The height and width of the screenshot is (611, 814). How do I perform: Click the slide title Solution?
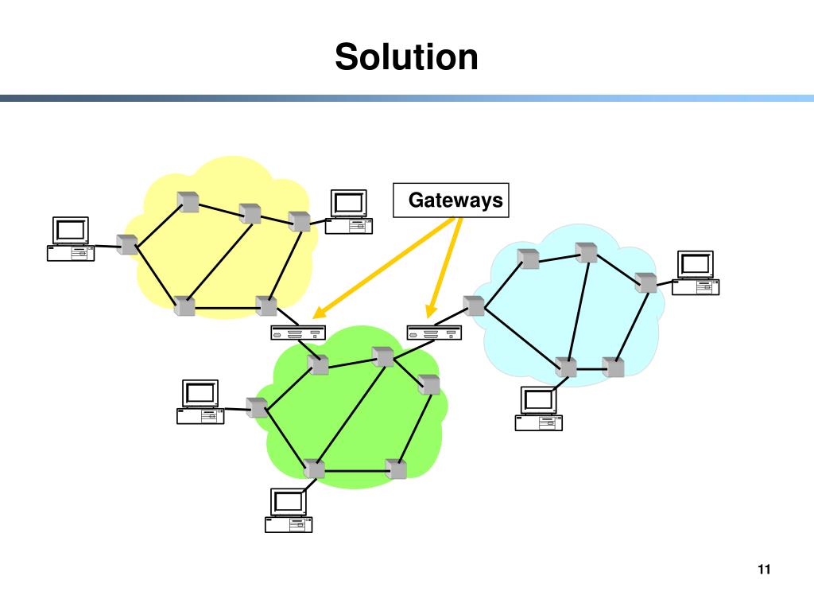(x=406, y=57)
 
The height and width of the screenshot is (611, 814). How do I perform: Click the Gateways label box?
(x=451, y=200)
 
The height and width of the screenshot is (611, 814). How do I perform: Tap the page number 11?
(x=765, y=569)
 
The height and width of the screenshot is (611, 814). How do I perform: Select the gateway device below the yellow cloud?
(x=298, y=333)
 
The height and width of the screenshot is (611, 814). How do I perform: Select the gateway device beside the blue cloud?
(x=434, y=333)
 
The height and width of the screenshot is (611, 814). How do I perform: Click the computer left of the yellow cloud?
(x=71, y=239)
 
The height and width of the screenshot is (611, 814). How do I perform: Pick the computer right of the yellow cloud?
(x=348, y=212)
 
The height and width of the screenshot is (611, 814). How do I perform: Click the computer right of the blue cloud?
(x=695, y=273)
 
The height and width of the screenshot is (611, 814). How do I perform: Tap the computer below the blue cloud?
(x=538, y=409)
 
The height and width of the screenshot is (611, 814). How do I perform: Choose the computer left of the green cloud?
(x=200, y=402)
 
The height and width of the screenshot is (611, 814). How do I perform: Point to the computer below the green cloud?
(x=289, y=510)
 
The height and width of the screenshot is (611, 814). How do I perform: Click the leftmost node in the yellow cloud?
(x=126, y=244)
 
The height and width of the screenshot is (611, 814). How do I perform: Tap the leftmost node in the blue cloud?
(x=474, y=305)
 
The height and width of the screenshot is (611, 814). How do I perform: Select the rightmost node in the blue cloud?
(x=646, y=282)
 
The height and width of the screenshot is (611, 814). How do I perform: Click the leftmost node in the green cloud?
(x=256, y=407)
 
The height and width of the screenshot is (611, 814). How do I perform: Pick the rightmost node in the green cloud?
(x=428, y=385)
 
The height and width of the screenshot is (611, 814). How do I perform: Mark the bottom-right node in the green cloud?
(x=396, y=469)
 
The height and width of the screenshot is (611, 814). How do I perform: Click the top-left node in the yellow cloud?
(x=188, y=202)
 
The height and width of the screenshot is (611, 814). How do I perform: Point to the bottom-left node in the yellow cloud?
(x=184, y=305)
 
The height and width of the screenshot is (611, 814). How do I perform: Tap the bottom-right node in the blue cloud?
(x=613, y=367)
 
